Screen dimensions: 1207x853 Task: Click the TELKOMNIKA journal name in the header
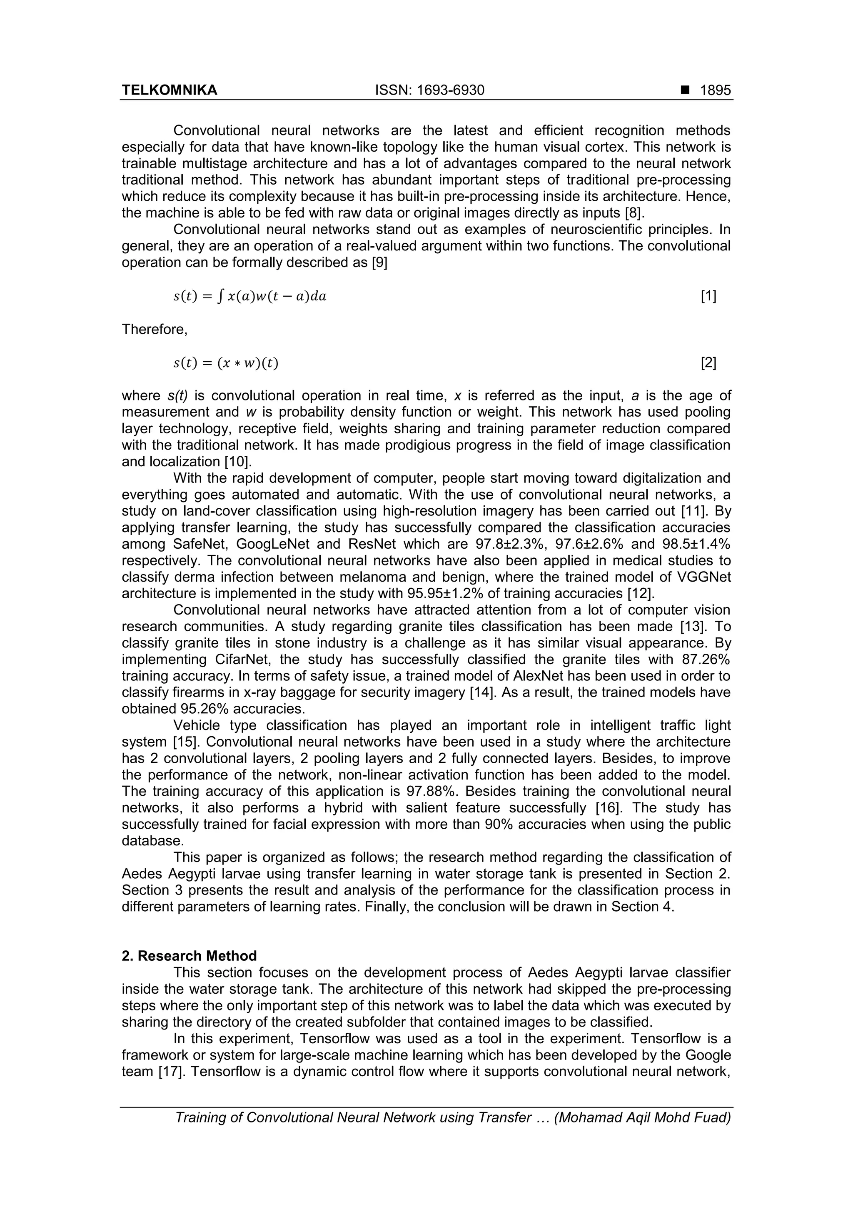(169, 90)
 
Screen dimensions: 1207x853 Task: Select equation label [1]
(708, 297)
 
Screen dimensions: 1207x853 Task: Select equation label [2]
(708, 363)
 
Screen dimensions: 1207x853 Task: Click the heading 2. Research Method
(189, 956)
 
